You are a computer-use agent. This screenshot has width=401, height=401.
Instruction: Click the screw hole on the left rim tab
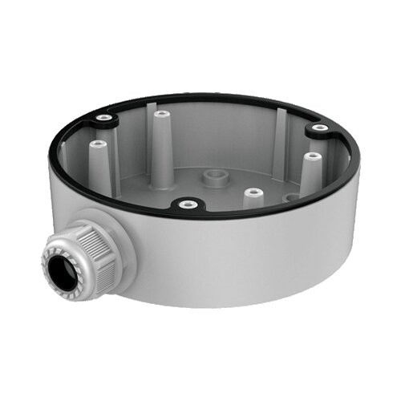pyautogui.click(x=103, y=118)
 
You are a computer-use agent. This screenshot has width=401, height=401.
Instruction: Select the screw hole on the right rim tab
pyautogui.click(x=319, y=128)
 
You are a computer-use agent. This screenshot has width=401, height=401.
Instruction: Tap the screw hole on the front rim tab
pyautogui.click(x=188, y=205)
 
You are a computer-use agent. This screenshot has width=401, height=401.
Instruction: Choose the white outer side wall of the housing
pyautogui.click(x=241, y=257)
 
